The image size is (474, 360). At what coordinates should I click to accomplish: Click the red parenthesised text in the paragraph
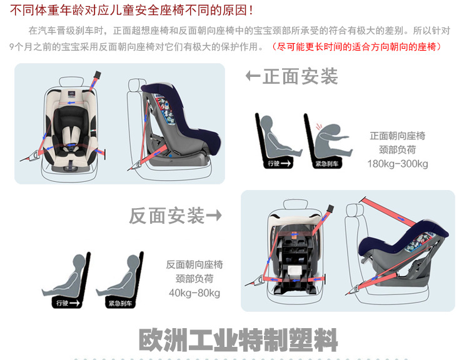(356, 47)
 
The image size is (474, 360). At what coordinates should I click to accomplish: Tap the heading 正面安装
(300, 76)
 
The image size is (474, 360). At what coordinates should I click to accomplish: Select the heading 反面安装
(166, 216)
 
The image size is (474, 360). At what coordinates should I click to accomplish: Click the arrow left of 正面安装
(253, 76)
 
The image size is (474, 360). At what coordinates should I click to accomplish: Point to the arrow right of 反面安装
(214, 216)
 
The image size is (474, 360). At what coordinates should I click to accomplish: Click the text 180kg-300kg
(398, 164)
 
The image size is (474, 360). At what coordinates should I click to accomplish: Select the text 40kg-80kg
(194, 292)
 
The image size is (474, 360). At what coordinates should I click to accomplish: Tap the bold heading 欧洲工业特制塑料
(238, 340)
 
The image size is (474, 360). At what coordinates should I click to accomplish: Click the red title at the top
(131, 10)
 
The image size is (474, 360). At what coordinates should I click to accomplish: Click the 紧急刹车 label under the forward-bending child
(327, 164)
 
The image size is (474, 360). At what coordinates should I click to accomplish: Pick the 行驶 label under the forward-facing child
(279, 163)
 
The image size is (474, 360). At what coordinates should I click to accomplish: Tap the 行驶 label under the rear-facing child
(68, 303)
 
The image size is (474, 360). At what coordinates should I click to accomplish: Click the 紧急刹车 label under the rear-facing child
(120, 303)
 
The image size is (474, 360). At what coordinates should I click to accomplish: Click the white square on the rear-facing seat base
(295, 270)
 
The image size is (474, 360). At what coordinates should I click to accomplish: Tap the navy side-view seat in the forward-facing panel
(180, 124)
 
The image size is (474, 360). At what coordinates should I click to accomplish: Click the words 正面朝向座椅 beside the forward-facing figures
(398, 136)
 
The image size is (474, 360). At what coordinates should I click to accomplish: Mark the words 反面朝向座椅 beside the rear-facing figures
(194, 264)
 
